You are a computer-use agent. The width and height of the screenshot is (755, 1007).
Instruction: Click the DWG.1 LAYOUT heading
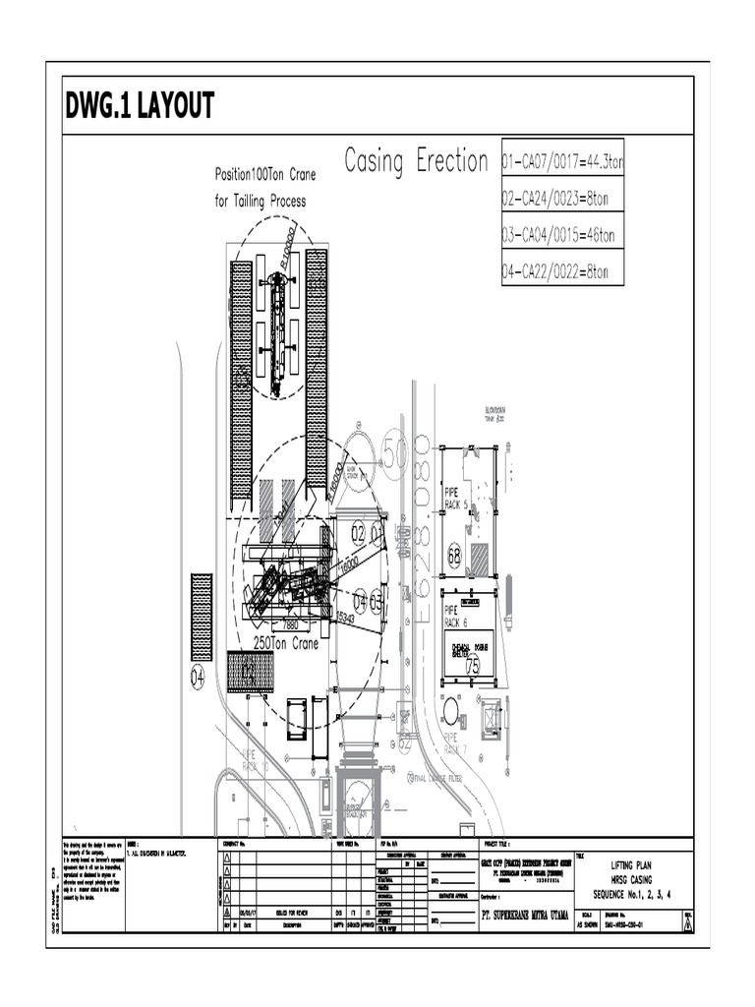coord(140,107)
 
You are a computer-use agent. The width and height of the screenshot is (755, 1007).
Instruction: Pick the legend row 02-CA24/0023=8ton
coord(555,199)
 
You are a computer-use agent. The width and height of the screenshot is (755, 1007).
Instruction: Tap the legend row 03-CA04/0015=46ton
coord(558,235)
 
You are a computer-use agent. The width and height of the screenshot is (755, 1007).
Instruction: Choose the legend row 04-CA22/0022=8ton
coord(555,271)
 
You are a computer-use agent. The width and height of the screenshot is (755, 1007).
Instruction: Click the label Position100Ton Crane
coord(265,175)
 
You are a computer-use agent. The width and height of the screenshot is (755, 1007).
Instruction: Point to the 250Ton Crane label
coord(286,642)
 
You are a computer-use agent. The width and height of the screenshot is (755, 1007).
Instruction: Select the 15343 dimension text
coord(346,617)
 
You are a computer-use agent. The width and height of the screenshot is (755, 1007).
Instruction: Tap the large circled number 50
coord(394,453)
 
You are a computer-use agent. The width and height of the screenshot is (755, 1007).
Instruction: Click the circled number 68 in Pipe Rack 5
coord(454,554)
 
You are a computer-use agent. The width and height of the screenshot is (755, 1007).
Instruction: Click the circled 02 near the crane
coord(358,534)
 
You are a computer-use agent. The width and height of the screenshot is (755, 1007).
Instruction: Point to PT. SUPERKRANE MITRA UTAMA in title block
coord(512,914)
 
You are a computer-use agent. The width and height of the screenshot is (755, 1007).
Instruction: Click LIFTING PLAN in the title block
coord(629,864)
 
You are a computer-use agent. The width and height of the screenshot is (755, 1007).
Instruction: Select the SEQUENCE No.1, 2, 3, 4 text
coord(629,894)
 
